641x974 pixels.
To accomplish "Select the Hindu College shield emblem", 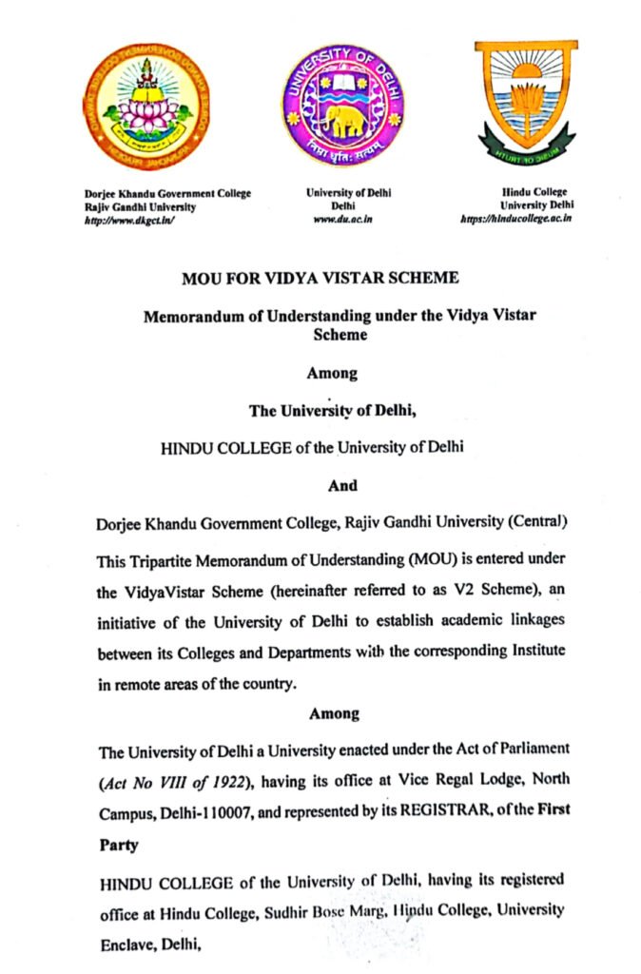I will [x=525, y=103].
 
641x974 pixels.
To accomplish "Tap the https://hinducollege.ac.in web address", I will [x=515, y=219].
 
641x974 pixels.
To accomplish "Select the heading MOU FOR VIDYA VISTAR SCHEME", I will [x=320, y=279].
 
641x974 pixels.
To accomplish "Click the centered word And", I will [x=342, y=485].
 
